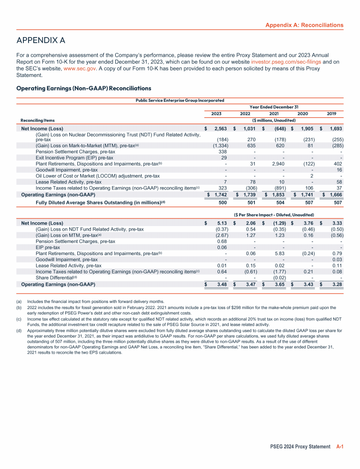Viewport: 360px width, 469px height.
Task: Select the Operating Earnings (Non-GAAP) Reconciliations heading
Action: [83, 88]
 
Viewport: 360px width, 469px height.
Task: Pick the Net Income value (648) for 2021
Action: [277, 129]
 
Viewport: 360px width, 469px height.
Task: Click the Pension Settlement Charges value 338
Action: [222, 151]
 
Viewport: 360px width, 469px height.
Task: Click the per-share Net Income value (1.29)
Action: [277, 223]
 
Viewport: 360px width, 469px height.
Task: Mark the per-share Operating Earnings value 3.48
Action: [222, 284]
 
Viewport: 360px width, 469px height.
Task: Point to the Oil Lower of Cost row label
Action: [97, 176]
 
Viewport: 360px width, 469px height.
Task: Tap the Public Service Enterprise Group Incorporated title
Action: [180, 100]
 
